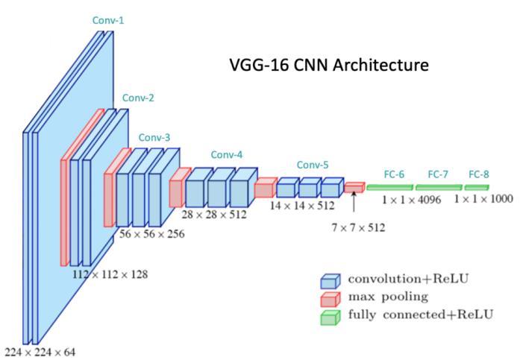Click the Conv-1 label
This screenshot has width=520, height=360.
(x=108, y=21)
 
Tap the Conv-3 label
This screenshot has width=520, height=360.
(x=154, y=137)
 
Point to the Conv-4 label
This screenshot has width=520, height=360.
(x=227, y=155)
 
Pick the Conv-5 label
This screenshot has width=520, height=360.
(x=313, y=165)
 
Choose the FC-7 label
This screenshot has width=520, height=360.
(x=438, y=174)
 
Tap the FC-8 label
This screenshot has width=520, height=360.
(x=479, y=174)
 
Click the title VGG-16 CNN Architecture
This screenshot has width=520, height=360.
(x=329, y=65)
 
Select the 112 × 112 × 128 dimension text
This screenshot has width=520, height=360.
(x=110, y=274)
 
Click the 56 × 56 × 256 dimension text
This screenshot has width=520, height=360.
(x=152, y=233)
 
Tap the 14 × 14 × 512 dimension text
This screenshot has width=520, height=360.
(x=302, y=205)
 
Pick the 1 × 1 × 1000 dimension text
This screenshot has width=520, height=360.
(x=483, y=200)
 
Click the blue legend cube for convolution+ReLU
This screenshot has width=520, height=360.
(x=330, y=280)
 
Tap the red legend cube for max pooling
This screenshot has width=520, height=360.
(x=330, y=298)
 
